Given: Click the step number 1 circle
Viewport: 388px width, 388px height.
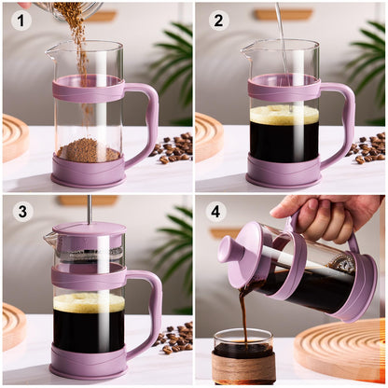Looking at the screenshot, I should coord(21,20).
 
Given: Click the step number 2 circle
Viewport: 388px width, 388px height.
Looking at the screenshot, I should coord(217,20).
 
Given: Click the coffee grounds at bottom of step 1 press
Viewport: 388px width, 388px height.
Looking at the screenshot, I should coord(89,151).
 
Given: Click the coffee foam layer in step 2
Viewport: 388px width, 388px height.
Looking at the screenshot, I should coord(284,115).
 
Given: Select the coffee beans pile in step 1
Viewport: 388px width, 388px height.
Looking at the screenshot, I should coord(172,147).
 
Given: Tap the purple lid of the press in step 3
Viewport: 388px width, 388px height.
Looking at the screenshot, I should coord(89,229).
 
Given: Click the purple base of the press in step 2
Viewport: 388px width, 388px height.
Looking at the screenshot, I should coord(284,173).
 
